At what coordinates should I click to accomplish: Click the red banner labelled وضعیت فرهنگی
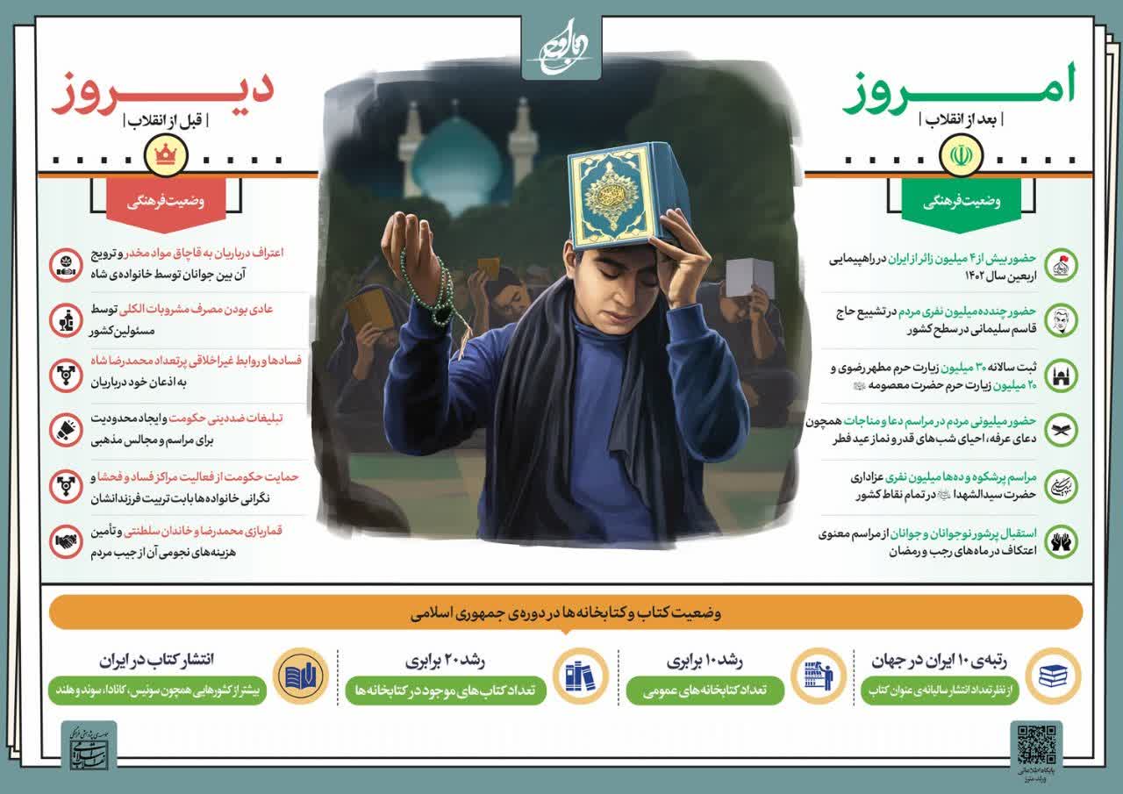166,201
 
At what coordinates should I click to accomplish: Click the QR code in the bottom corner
1036,745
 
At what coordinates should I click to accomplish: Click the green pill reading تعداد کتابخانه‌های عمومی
692,690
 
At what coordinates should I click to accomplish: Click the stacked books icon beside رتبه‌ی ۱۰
1053,676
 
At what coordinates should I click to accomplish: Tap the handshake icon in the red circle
66,542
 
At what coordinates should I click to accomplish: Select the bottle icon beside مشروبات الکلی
66,319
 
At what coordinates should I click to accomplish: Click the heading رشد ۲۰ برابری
445,661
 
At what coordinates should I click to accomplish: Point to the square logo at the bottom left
88,747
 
